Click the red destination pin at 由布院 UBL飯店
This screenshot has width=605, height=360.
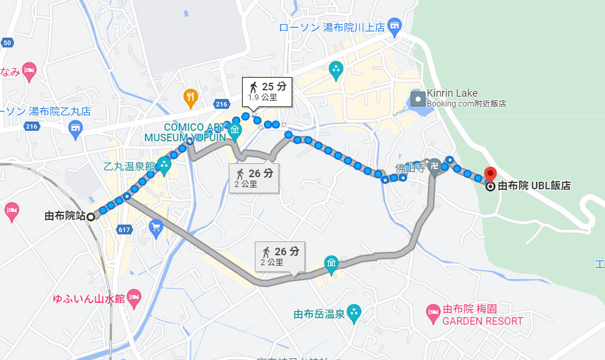point(490,174)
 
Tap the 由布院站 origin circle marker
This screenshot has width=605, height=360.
point(91,216)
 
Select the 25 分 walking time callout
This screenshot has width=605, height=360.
point(267,90)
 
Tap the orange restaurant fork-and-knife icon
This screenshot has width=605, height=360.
point(190,98)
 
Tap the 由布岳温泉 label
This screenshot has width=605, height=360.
point(319,314)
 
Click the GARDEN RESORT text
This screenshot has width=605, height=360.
point(483,321)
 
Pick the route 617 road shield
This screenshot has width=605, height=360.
point(123,229)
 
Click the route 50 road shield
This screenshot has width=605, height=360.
point(7,43)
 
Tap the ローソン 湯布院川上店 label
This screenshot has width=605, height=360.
point(331,27)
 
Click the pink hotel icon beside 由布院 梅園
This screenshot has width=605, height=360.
point(433,314)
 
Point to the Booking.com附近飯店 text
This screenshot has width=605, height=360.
point(466,104)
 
